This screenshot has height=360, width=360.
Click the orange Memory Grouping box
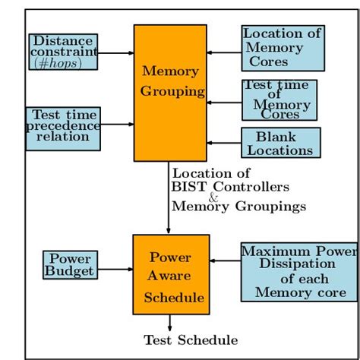click(170, 93)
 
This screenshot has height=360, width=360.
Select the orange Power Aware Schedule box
click(171, 274)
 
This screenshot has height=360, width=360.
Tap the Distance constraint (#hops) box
click(64, 52)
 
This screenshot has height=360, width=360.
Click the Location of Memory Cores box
click(283, 48)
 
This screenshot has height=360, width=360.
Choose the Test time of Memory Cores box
click(279, 99)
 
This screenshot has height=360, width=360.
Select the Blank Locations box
click(280, 143)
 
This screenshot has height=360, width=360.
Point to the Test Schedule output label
click(191, 341)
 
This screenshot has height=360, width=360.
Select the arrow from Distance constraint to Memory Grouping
click(116, 52)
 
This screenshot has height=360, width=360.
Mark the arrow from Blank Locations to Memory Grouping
click(224, 143)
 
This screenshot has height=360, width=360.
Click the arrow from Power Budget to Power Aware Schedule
click(115, 268)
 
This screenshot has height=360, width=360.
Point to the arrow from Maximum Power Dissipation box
click(225, 261)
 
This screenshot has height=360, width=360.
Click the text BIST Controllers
click(230, 187)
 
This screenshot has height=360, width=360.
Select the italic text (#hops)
click(65, 64)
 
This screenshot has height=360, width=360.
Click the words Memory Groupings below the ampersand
click(238, 207)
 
